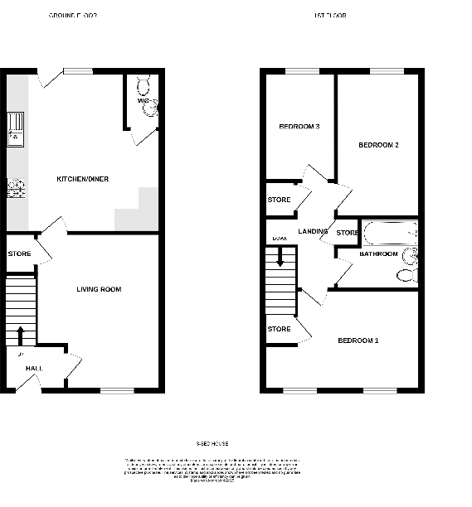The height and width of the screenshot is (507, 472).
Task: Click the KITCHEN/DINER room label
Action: (82, 179)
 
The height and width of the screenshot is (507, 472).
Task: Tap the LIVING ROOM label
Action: (99, 289)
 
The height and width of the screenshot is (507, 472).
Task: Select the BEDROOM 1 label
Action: (358, 340)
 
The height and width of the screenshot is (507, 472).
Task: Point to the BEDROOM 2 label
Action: (378, 145)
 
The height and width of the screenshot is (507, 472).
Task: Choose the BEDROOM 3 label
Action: (299, 127)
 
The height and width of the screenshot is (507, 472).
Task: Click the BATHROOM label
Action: (378, 254)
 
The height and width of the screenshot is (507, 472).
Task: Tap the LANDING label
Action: (314, 231)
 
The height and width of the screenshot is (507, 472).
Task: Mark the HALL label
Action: (34, 368)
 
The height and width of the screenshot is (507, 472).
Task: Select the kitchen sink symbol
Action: (16, 129)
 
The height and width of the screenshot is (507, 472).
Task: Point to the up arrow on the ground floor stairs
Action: (21, 336)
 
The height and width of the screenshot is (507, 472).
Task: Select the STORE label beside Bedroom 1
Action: (280, 329)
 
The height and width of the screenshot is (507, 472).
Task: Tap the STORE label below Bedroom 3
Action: (279, 200)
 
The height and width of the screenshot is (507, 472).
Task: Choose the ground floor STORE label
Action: (19, 254)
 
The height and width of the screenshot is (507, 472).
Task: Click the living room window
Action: (117, 389)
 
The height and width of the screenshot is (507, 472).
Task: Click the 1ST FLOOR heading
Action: (330, 16)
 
